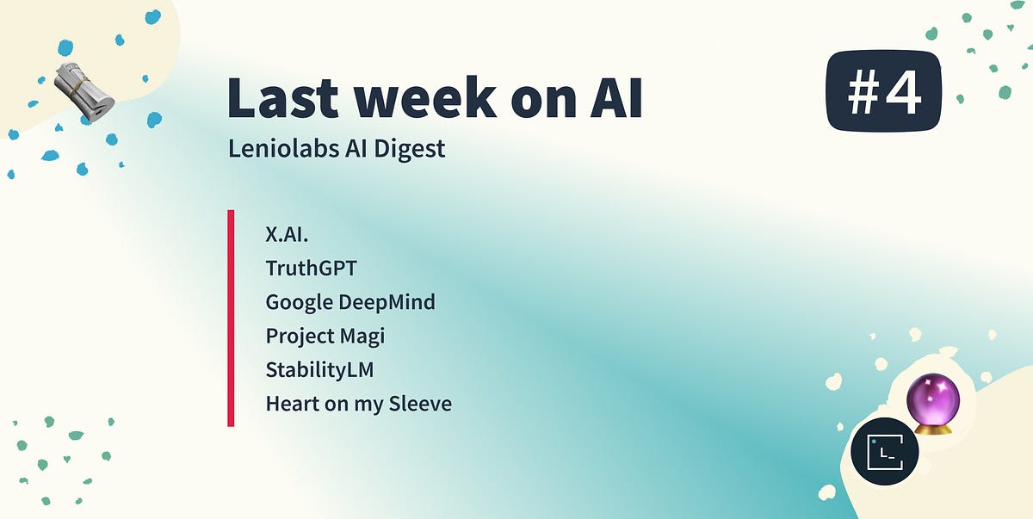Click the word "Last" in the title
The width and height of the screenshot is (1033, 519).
tap(282, 98)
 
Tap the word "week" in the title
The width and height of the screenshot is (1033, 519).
tap(425, 97)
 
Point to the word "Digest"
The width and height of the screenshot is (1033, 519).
tap(410, 149)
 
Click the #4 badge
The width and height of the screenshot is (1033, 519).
tap(883, 90)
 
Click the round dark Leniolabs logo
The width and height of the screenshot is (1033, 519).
tap(885, 451)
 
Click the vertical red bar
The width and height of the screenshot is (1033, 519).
tap(231, 318)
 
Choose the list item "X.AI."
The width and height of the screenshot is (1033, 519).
tap(287, 234)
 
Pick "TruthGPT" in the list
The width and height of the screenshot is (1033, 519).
tap(312, 268)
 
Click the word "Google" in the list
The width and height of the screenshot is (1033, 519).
tap(300, 303)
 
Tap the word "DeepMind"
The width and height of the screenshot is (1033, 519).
tap(387, 302)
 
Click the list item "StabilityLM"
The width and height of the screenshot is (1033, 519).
tap(319, 369)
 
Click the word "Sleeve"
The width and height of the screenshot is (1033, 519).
tap(420, 404)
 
